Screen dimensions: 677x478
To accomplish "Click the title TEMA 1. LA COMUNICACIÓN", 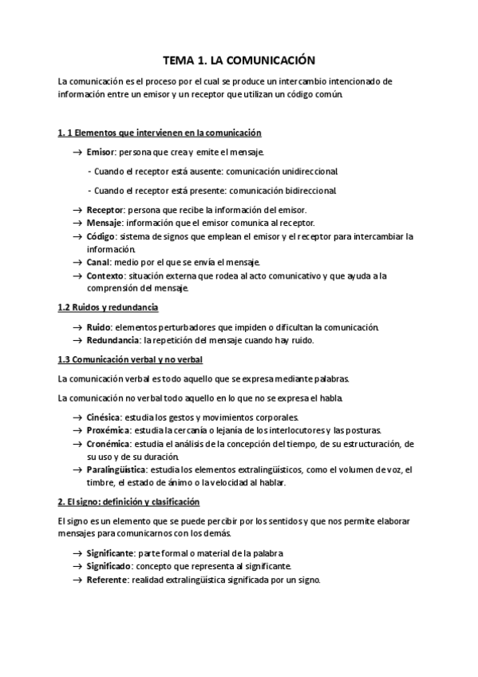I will [239, 60].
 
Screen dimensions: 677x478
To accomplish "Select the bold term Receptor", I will [104, 209].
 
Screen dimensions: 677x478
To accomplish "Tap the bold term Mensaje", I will [104, 223].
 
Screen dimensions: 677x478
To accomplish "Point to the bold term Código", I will [101, 236].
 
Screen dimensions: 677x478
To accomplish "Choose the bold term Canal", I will [98, 263].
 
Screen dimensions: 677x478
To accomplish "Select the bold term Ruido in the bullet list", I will [98, 327].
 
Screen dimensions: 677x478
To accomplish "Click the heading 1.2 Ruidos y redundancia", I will [109, 307].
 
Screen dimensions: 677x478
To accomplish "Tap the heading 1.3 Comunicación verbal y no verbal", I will [132, 359].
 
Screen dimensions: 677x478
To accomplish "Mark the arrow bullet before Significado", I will [77, 567].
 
